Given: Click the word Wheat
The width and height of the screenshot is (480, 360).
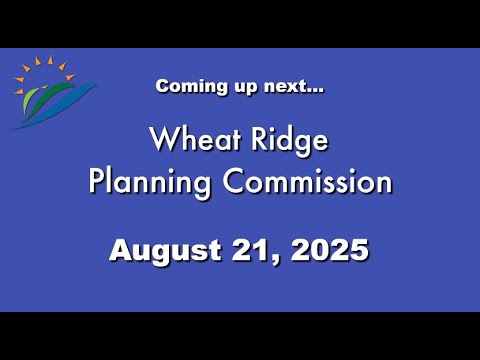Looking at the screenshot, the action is point(195,139).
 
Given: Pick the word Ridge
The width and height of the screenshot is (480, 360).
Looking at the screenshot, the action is point(290,141).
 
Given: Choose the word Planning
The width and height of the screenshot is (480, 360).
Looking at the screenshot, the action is point(150,183).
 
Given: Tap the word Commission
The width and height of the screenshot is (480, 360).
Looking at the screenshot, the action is point(307,181).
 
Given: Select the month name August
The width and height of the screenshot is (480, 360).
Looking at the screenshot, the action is point(165,251).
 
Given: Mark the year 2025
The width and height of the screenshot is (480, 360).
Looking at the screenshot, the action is point(329,250).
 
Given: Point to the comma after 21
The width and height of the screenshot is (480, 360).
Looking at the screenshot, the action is point(276,260).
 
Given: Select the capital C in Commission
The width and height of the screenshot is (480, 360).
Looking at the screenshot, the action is point(233,181).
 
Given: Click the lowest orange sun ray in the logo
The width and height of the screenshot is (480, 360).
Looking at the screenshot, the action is point(19,91).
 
